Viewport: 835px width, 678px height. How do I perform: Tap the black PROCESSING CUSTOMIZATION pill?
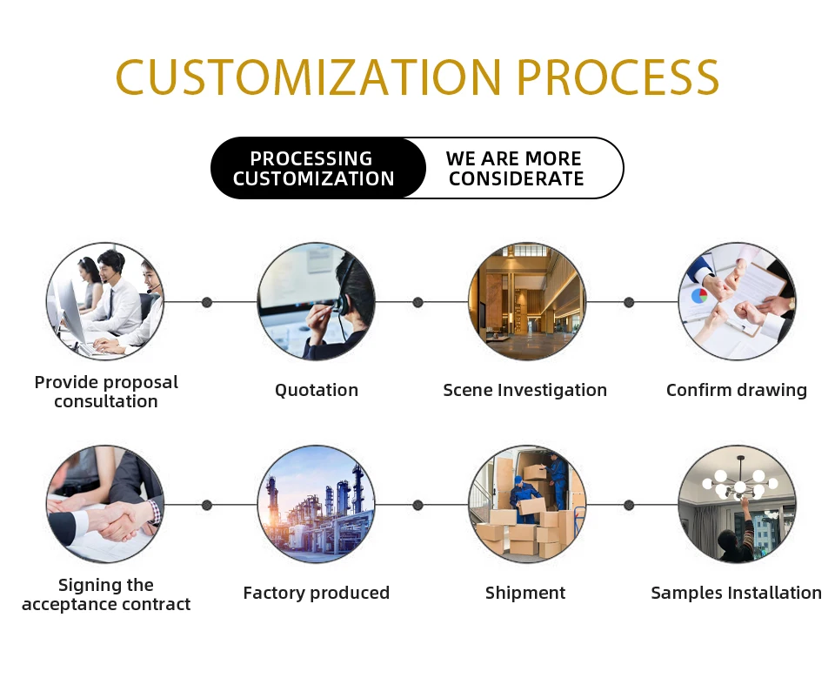pos(314,169)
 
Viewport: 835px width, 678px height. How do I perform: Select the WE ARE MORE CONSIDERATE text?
pos(515,169)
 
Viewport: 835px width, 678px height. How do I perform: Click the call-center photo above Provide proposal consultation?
pos(105,301)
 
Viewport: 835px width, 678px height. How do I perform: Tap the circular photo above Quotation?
pos(317,301)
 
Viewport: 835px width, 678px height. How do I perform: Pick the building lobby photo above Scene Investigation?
pos(527,301)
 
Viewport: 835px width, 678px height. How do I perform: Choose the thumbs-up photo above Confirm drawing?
pos(737,301)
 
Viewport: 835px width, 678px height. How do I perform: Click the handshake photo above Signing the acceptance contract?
pos(105,504)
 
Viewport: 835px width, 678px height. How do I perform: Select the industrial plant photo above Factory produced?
pos(317,504)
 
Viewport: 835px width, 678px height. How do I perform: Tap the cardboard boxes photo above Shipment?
pos(527,504)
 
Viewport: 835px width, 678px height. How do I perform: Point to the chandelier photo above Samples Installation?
pos(737,504)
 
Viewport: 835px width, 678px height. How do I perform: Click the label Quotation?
pos(317,390)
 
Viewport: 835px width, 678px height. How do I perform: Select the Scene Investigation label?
pos(525,390)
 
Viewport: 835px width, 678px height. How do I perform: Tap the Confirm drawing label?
pos(737,390)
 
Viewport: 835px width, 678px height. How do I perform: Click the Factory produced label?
pos(317,593)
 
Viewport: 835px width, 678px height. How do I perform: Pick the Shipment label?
pos(525,593)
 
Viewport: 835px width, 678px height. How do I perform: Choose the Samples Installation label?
pos(737,593)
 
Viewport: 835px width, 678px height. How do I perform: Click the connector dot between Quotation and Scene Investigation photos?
pos(417,302)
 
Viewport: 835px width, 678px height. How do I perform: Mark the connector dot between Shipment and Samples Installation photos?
pos(629,505)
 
